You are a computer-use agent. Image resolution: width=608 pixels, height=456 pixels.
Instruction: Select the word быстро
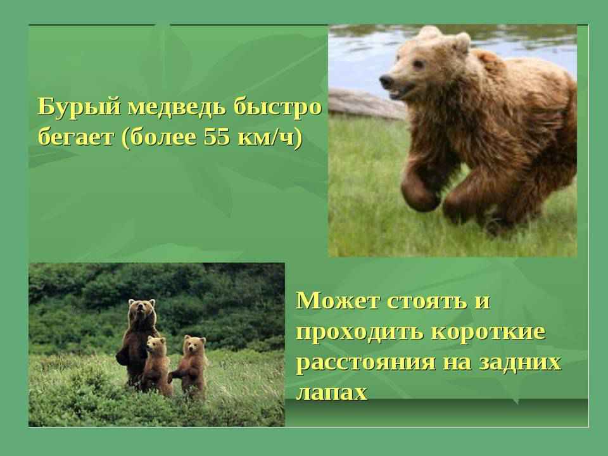click(x=277, y=108)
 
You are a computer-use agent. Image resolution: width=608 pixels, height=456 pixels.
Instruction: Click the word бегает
click(x=77, y=137)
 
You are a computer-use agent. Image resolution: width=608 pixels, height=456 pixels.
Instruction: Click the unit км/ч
click(x=265, y=137)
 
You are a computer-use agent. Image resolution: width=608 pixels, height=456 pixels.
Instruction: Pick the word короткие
click(x=487, y=332)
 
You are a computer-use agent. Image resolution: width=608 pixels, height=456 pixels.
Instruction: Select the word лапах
click(x=331, y=393)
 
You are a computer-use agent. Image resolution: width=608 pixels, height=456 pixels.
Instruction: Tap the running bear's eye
click(x=417, y=64)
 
